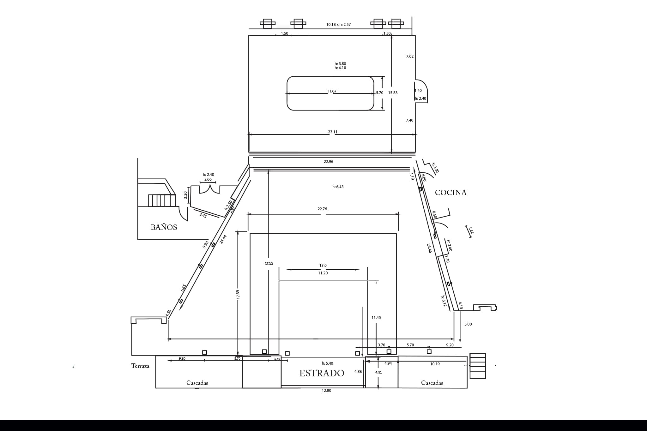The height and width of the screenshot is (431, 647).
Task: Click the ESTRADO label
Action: [322, 373]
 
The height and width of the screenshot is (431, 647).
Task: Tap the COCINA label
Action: [450, 193]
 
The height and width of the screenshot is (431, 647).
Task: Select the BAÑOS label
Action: [164, 227]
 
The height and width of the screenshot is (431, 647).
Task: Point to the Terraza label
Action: [140, 366]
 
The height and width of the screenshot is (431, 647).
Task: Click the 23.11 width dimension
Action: [332, 132]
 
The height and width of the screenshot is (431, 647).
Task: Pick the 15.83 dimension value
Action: [393, 93]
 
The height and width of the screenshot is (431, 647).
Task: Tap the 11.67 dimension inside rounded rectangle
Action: [332, 91]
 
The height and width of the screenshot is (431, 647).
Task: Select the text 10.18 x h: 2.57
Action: [338, 25]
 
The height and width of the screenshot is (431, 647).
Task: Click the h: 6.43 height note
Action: [338, 187]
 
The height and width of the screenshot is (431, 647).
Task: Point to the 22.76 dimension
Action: [322, 209]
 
